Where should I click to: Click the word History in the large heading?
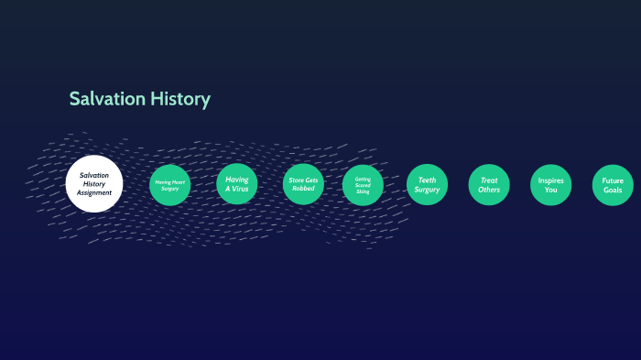(x=180, y=99)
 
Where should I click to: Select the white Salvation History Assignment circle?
(x=94, y=184)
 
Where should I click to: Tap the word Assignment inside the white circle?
(x=94, y=193)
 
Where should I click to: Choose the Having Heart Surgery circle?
(x=169, y=185)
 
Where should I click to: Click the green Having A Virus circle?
(x=237, y=184)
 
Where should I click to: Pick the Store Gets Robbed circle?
(x=303, y=184)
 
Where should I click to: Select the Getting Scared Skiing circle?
(x=363, y=185)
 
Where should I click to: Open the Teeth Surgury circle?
(x=427, y=184)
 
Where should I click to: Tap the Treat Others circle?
(x=489, y=184)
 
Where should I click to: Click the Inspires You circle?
(x=550, y=184)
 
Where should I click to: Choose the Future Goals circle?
(x=613, y=184)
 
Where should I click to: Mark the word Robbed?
(x=303, y=189)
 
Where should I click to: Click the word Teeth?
(x=427, y=180)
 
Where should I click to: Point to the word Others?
(x=489, y=190)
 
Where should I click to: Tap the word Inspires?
(x=550, y=180)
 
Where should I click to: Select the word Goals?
(x=613, y=190)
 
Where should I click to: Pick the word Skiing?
(x=363, y=191)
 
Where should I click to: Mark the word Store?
(x=296, y=180)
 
